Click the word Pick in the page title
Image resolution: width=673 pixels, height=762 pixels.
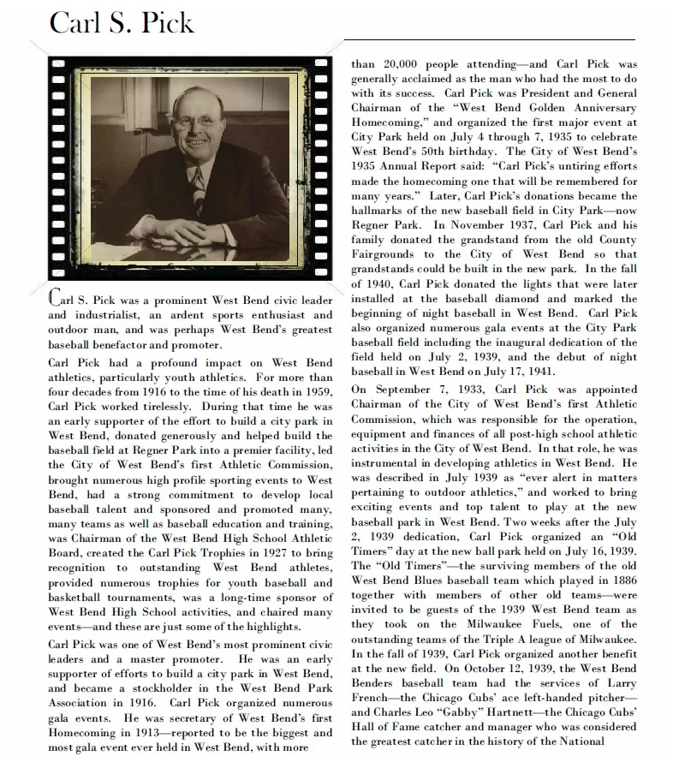coord(161,22)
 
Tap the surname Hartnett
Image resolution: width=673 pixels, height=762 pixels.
coord(515,712)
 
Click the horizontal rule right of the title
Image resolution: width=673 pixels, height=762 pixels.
coord(489,39)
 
